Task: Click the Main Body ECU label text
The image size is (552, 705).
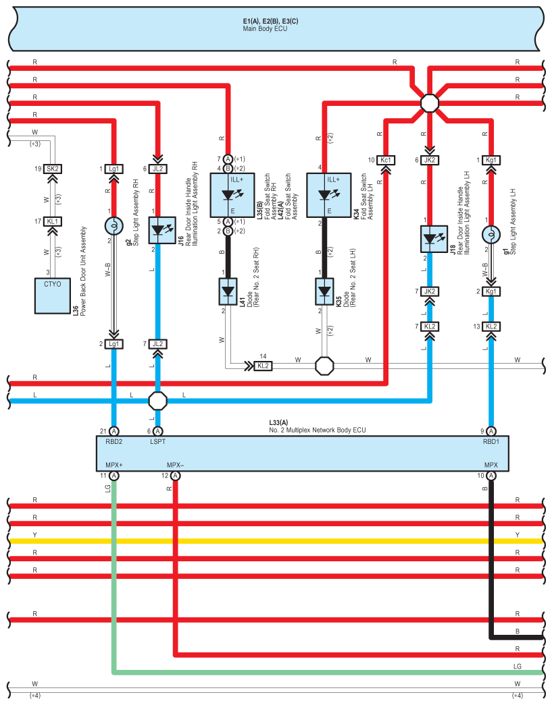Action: pyautogui.click(x=265, y=29)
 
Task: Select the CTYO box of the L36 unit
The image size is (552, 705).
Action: pyautogui.click(x=53, y=296)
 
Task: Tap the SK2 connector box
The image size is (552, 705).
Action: pyautogui.click(x=53, y=169)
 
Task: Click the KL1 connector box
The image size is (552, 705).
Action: pyautogui.click(x=53, y=221)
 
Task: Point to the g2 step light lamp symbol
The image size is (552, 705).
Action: pyautogui.click(x=114, y=226)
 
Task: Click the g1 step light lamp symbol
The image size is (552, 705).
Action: pyautogui.click(x=491, y=235)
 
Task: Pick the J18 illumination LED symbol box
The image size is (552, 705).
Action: pyautogui.click(x=434, y=239)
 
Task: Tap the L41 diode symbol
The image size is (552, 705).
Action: pyautogui.click(x=228, y=291)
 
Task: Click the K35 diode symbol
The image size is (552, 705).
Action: pyautogui.click(x=324, y=291)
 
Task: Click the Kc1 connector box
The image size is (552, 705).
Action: pyautogui.click(x=386, y=160)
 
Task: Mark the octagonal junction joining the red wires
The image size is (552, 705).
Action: pyautogui.click(x=430, y=103)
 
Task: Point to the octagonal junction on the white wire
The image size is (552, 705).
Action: pyautogui.click(x=324, y=366)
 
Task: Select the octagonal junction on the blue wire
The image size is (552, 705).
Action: pyautogui.click(x=158, y=401)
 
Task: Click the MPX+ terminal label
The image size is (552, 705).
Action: pyautogui.click(x=114, y=465)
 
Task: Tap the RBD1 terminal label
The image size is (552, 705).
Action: pyautogui.click(x=491, y=441)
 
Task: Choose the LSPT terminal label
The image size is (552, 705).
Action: pyautogui.click(x=157, y=441)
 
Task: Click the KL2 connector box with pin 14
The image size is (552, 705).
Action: pyautogui.click(x=263, y=366)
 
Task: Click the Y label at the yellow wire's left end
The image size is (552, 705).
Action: pyautogui.click(x=34, y=534)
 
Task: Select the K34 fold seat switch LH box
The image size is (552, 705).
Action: pyautogui.click(x=328, y=195)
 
